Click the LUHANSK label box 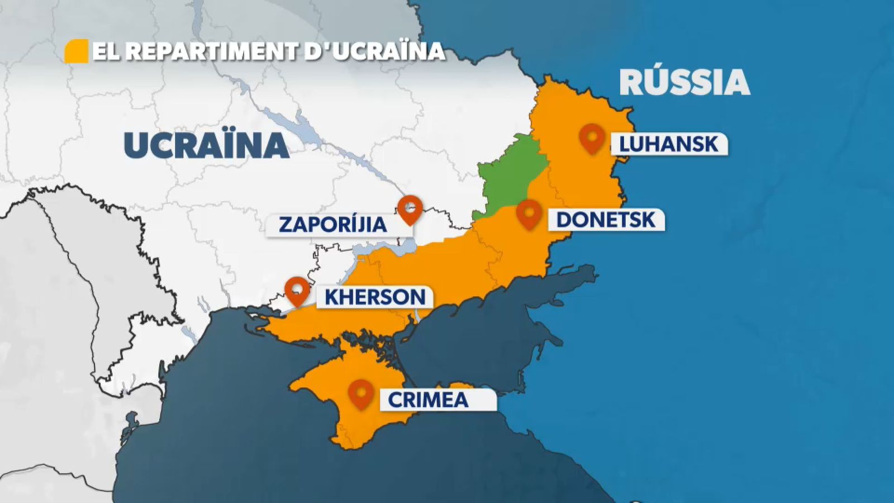669,144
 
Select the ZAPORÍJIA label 333,225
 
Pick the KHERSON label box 375,297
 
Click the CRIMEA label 428,400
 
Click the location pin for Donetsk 529,213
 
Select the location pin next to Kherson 297,290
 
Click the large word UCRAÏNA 206,145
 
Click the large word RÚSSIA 684,83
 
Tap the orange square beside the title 77,51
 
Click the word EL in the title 106,51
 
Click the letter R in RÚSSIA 632,83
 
